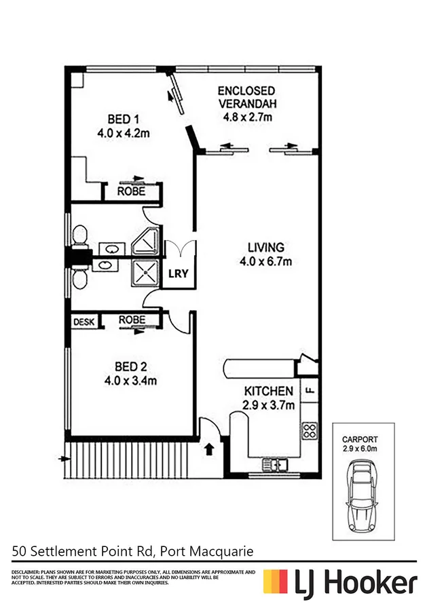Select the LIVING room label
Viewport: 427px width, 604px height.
tap(265, 248)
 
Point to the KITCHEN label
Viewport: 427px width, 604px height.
tap(270, 392)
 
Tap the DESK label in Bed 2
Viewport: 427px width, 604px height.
tap(84, 321)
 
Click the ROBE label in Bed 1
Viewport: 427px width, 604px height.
tap(131, 191)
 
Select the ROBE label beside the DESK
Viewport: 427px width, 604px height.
tap(131, 320)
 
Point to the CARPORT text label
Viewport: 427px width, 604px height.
tap(360, 439)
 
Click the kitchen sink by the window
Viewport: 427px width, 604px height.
tap(276, 465)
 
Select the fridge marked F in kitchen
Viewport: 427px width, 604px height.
tap(310, 391)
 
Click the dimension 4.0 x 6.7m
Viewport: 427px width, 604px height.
tap(265, 261)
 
